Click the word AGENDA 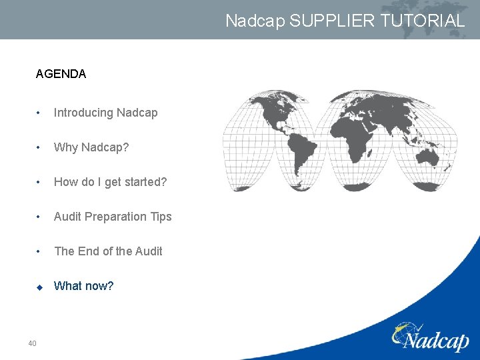click(x=61, y=74)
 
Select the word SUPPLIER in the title click(x=333, y=21)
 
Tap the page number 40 click(x=32, y=343)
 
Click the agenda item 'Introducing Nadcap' click(x=105, y=113)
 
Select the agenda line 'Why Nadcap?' click(x=91, y=147)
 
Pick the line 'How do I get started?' click(x=110, y=182)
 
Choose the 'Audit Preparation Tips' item click(x=113, y=217)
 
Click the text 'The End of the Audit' click(x=108, y=251)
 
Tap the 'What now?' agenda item click(x=83, y=286)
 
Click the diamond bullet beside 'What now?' click(x=39, y=287)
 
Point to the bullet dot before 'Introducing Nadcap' click(x=39, y=113)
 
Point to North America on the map click(x=270, y=113)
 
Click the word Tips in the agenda click(x=161, y=217)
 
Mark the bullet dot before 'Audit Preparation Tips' click(x=39, y=217)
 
